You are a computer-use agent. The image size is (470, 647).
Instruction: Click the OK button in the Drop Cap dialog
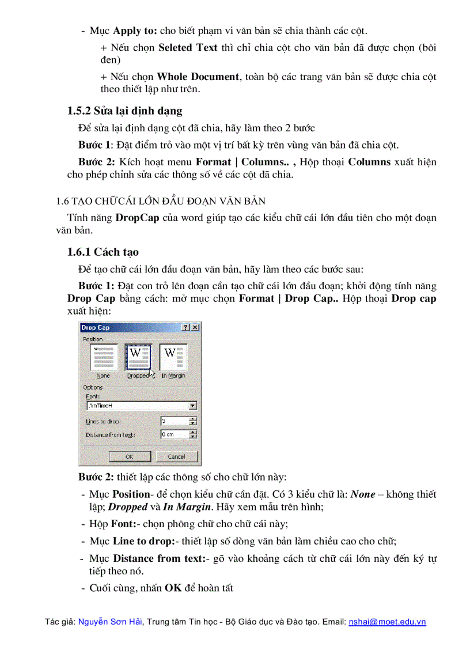pos(130,456)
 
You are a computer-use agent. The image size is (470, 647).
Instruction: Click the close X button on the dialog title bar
pos(195,327)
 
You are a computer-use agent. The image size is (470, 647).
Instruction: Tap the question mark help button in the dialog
pos(185,327)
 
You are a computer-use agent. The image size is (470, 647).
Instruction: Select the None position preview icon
pos(104,358)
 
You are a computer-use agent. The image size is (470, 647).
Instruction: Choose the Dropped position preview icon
pos(138,358)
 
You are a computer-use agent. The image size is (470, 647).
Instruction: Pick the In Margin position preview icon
pos(173,358)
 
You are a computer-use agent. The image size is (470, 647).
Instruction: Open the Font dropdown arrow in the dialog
pos(193,406)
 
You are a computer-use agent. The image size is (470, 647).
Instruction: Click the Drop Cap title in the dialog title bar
pos(96,327)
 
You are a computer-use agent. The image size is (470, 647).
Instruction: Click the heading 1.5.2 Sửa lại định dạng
pos(125,111)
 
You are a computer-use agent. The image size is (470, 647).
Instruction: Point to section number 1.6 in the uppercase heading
pos(62,200)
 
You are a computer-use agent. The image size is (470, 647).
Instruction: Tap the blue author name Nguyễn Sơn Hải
pos(110,622)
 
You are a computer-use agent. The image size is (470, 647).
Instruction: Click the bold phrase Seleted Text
pos(188,47)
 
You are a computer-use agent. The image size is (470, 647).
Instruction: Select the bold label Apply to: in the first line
pos(135,30)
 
